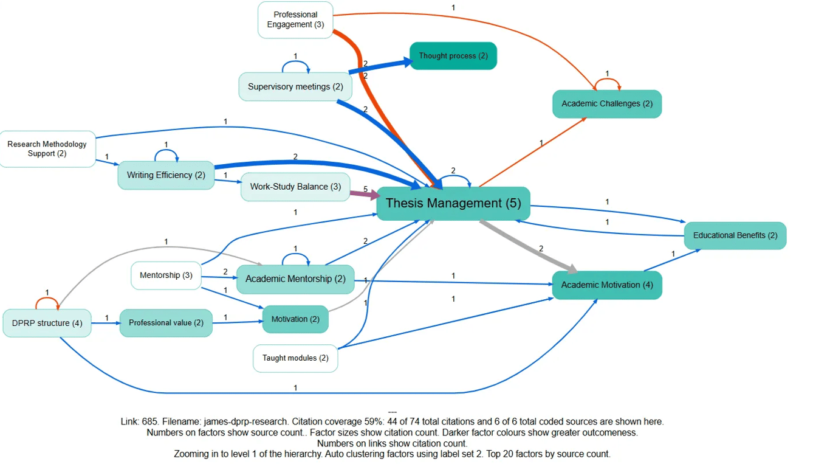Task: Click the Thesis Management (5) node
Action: [453, 203]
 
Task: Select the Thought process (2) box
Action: [453, 56]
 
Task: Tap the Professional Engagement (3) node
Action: [295, 20]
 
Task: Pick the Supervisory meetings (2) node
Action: [295, 86]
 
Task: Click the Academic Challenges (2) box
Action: [606, 104]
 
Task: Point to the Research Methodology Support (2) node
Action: [47, 149]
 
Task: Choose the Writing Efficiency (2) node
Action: [166, 175]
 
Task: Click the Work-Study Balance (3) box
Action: [295, 187]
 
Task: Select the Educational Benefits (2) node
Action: [735, 235]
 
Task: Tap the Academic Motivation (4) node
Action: [606, 285]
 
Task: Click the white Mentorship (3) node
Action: [166, 275]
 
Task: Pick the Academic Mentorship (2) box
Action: [295, 279]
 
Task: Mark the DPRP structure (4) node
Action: [47, 324]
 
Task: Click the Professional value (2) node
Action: [166, 323]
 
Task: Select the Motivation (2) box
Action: [295, 319]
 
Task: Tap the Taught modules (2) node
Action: [295, 358]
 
